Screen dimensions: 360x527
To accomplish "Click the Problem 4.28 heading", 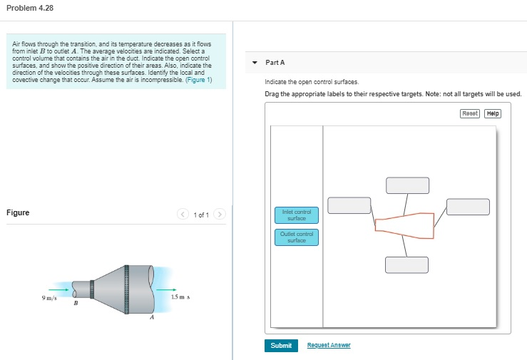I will point(29,8).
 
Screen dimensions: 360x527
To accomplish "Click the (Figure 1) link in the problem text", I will point(198,80).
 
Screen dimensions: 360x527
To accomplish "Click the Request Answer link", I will point(328,345).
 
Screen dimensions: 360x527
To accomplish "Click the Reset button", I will point(469,113).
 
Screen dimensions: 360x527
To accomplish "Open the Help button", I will point(493,113).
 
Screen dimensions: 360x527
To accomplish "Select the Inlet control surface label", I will point(296,215).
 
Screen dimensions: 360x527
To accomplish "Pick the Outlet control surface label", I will point(296,237).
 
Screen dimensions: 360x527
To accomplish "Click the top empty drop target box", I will point(407,185).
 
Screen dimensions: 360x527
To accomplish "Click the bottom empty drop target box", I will point(406,264).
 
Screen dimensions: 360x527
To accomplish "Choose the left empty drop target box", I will point(349,205).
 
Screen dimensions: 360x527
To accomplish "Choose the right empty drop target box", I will point(468,206).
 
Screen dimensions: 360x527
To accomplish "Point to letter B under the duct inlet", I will point(76,304).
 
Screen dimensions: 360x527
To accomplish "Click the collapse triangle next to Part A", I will point(255,63).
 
